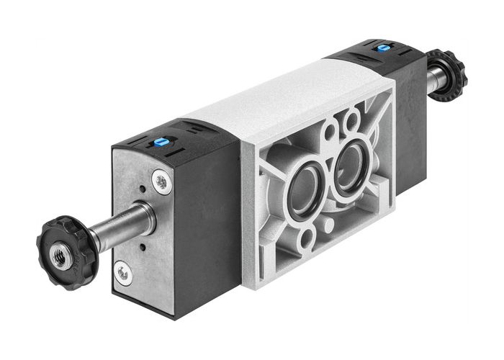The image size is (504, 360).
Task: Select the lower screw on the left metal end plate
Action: pos(124,272)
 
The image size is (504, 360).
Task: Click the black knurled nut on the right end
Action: pos(446,73)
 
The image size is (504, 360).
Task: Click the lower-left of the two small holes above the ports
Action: pos(330,131)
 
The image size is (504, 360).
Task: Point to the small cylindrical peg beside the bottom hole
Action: pos(328,225)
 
